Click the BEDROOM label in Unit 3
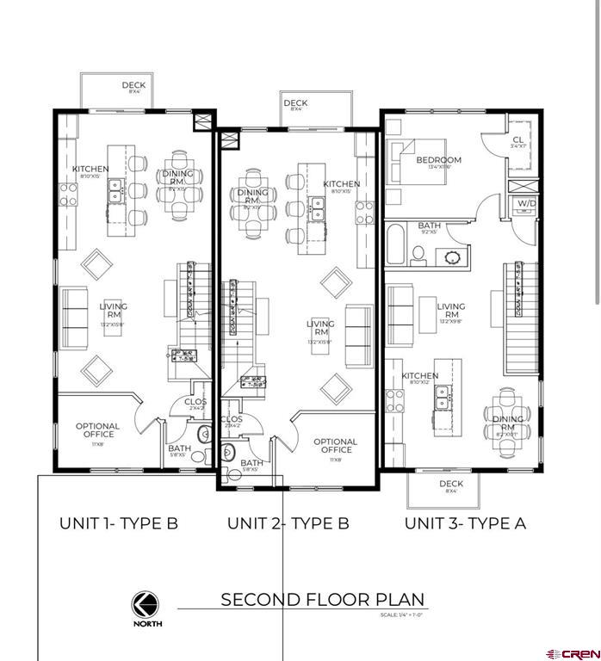coord(438,161)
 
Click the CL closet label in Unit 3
coord(517,141)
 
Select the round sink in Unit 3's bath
coord(450,256)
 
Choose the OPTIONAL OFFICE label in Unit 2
coord(335,446)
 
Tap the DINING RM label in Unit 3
coord(508,424)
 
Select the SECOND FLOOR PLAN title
coord(323,600)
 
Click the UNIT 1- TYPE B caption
coord(118,523)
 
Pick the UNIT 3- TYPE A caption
coord(465,523)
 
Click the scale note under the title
coord(402,615)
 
